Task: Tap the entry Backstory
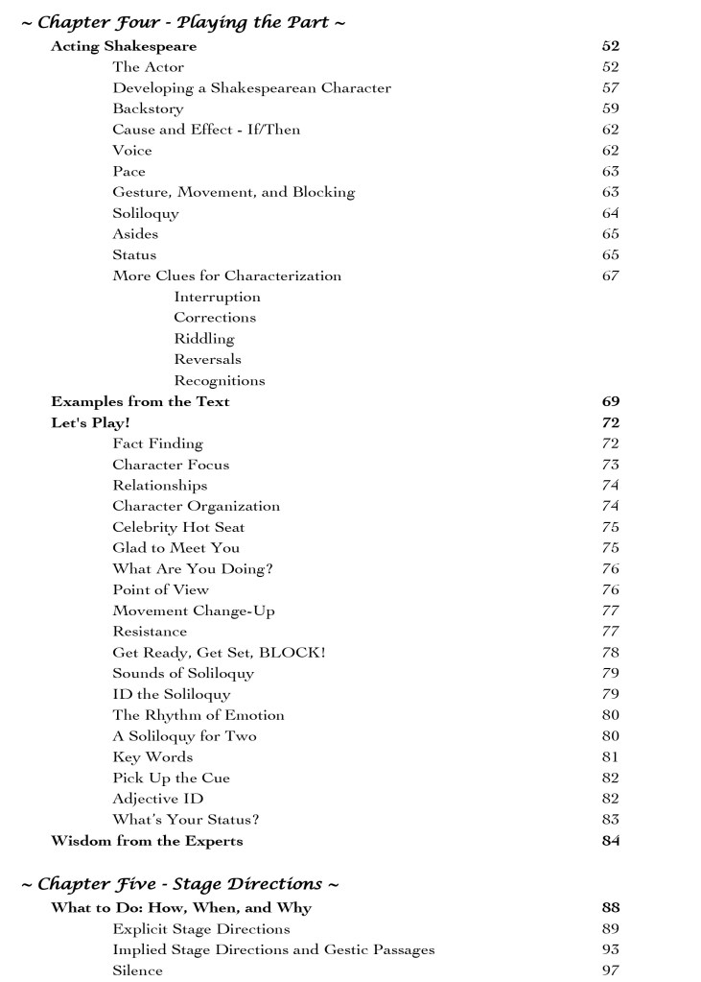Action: (148, 108)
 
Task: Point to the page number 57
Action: (610, 88)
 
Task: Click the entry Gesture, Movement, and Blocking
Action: (233, 192)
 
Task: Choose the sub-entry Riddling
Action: (203, 339)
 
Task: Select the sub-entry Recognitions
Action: (219, 380)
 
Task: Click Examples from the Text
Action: (140, 401)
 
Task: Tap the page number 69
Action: (610, 401)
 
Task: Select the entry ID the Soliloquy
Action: (171, 694)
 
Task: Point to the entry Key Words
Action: (152, 757)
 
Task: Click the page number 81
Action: (610, 757)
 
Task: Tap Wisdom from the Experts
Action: (147, 841)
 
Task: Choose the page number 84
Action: (610, 841)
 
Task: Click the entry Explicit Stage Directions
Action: (201, 929)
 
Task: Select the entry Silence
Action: (137, 970)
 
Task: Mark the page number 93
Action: (610, 949)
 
